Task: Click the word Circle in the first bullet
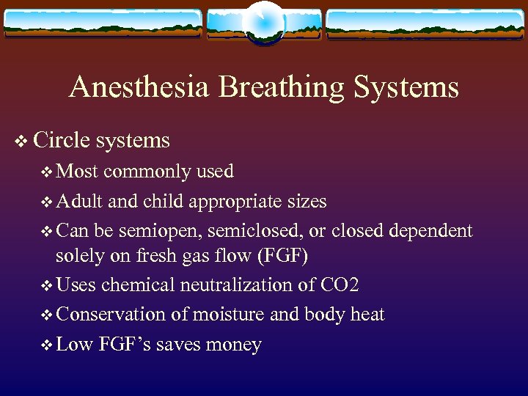coord(60,140)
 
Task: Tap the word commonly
coord(149,172)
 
